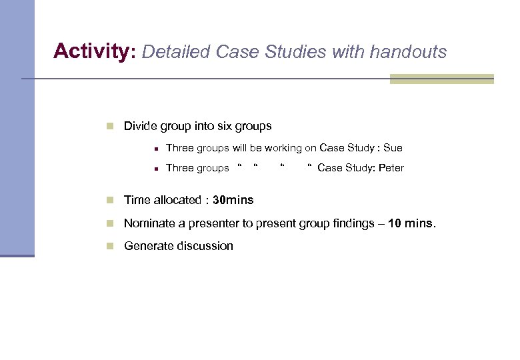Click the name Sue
[x=393, y=148]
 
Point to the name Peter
[x=391, y=168]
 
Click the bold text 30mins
[x=233, y=200]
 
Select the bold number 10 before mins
[x=394, y=223]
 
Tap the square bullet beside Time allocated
[x=111, y=200]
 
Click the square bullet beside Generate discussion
[x=111, y=246]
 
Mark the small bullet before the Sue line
[x=154, y=149]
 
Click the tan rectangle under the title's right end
[x=441, y=79]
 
